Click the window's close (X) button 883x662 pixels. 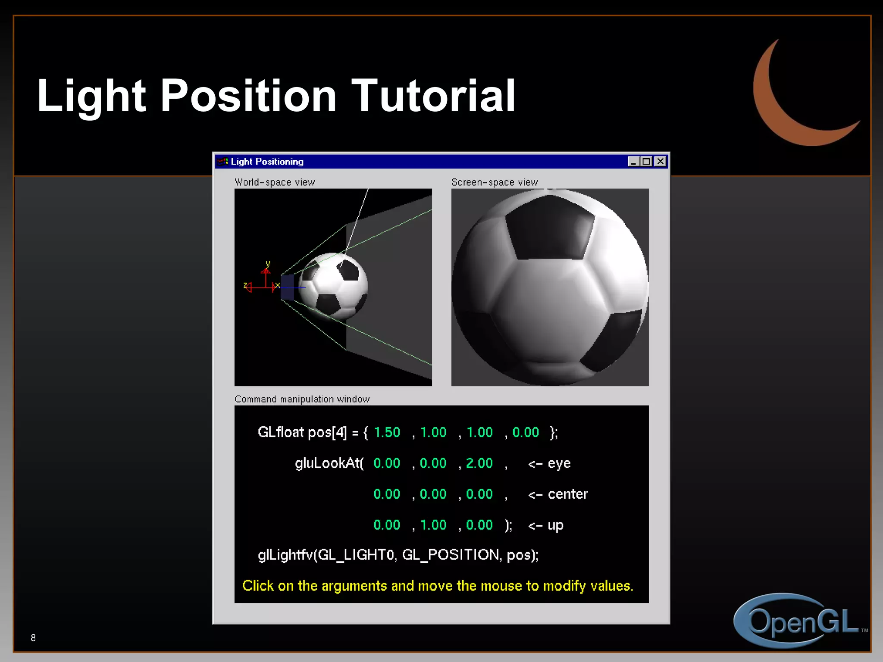(x=660, y=162)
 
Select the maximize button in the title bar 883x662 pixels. (x=646, y=162)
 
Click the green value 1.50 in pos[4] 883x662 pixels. (x=387, y=432)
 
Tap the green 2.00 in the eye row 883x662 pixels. (x=479, y=463)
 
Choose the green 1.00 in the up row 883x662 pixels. (x=433, y=525)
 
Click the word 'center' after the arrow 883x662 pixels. (x=567, y=494)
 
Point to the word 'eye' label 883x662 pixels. (x=559, y=464)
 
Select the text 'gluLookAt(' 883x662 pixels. (x=329, y=463)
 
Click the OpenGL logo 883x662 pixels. (x=798, y=621)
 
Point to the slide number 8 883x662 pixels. (x=33, y=638)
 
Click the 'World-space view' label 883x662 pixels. (x=275, y=182)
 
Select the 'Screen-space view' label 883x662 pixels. (x=495, y=182)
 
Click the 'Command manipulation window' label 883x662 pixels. (x=302, y=399)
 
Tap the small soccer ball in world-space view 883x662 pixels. (x=334, y=286)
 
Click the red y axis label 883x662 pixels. (x=268, y=264)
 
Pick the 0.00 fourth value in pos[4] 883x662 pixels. (x=525, y=432)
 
